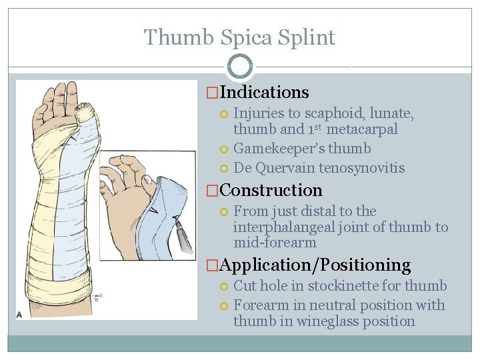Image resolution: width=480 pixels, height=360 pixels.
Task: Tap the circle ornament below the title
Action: (240, 66)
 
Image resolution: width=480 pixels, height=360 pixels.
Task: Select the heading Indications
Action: (264, 92)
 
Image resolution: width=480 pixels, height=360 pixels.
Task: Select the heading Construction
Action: (271, 190)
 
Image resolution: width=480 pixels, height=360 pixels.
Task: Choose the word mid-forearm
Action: (275, 243)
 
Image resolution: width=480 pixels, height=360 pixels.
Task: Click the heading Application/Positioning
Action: (315, 265)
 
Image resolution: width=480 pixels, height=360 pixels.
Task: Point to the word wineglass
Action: (321, 321)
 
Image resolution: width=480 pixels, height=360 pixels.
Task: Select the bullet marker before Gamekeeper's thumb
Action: (225, 149)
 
